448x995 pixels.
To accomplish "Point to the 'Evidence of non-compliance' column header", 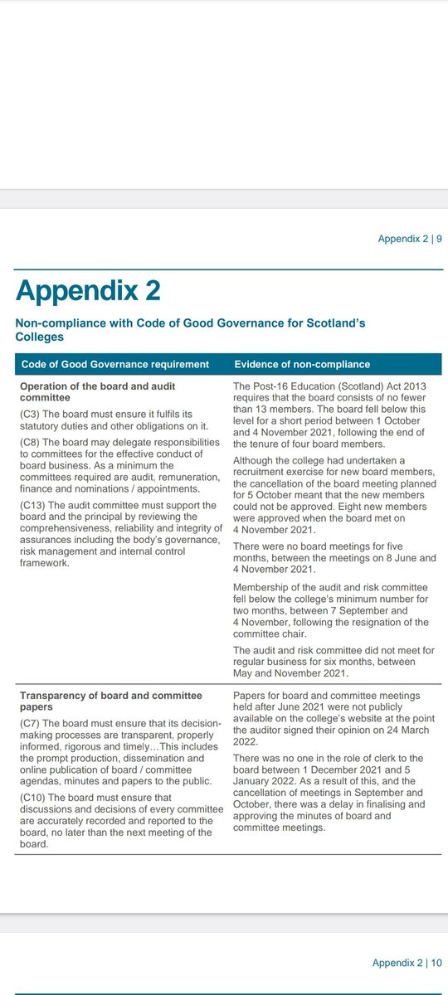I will [x=302, y=365].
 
